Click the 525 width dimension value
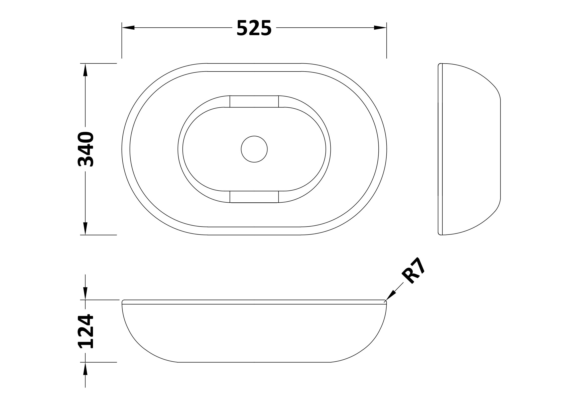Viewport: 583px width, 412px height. (254, 28)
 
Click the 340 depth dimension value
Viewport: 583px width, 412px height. (86, 149)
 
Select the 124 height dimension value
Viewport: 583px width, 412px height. (86, 331)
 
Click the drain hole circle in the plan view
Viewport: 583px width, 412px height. (254, 149)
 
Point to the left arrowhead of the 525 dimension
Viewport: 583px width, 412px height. (128, 28)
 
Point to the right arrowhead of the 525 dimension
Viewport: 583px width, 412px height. (380, 28)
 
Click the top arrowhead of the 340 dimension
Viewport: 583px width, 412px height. (85, 70)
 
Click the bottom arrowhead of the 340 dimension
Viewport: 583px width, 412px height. (85, 229)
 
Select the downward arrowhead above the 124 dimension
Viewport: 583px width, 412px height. (85, 294)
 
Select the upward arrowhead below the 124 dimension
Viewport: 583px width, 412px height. (85, 368)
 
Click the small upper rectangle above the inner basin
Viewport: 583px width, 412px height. (254, 101)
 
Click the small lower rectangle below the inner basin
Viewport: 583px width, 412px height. (254, 197)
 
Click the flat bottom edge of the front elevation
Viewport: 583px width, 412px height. (254, 362)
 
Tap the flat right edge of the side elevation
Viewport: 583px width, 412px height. (500, 149)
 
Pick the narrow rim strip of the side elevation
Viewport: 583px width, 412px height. (440, 149)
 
